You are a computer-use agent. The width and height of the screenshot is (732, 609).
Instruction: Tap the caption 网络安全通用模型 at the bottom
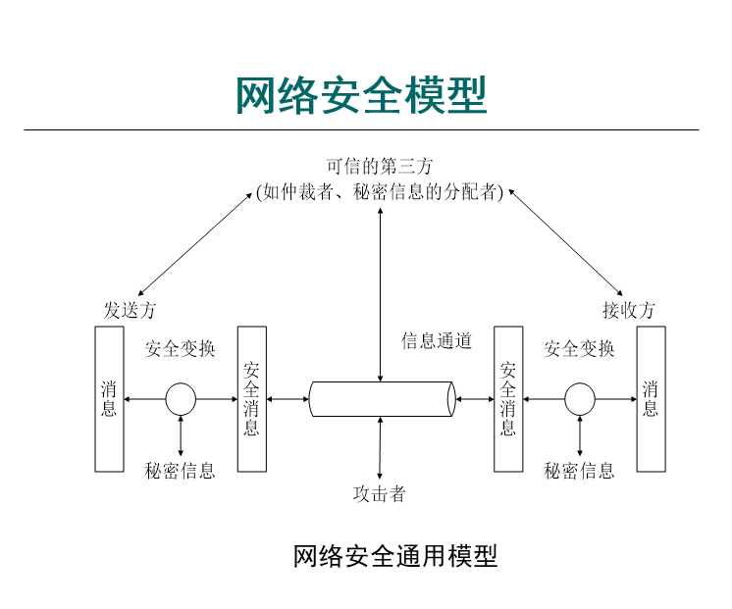coord(395,556)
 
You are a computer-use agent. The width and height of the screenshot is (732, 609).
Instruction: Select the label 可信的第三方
coord(379,167)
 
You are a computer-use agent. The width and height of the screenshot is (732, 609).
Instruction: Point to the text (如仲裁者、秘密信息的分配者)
coord(379,192)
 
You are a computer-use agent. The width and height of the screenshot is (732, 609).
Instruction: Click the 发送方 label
coord(130,310)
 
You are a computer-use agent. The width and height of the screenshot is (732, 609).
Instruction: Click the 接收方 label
coord(628,310)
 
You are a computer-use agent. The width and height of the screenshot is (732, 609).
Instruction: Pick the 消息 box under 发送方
coord(109,399)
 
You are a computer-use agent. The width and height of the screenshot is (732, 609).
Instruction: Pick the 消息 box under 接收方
coord(651,399)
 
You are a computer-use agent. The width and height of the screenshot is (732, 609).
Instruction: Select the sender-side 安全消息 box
coord(252,399)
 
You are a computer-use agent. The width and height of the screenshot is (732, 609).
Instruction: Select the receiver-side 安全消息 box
coord(508,399)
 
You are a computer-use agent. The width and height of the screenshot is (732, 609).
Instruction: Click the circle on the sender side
coord(181,399)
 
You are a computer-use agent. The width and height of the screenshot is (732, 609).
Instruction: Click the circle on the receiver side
coord(580,399)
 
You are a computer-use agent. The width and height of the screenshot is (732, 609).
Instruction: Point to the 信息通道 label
coord(437,341)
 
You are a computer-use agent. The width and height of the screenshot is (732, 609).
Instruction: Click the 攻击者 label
coord(379,493)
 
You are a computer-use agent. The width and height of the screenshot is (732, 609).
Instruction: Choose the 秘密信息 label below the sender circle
coord(181,471)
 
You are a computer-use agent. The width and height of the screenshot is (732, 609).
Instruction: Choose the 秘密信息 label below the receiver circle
coord(580,471)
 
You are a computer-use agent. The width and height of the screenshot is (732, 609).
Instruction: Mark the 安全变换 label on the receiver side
coord(580,348)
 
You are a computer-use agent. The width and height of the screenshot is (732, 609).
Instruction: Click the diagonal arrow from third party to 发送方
coord(196,242)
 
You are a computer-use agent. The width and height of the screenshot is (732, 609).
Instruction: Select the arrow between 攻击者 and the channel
coord(380,448)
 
